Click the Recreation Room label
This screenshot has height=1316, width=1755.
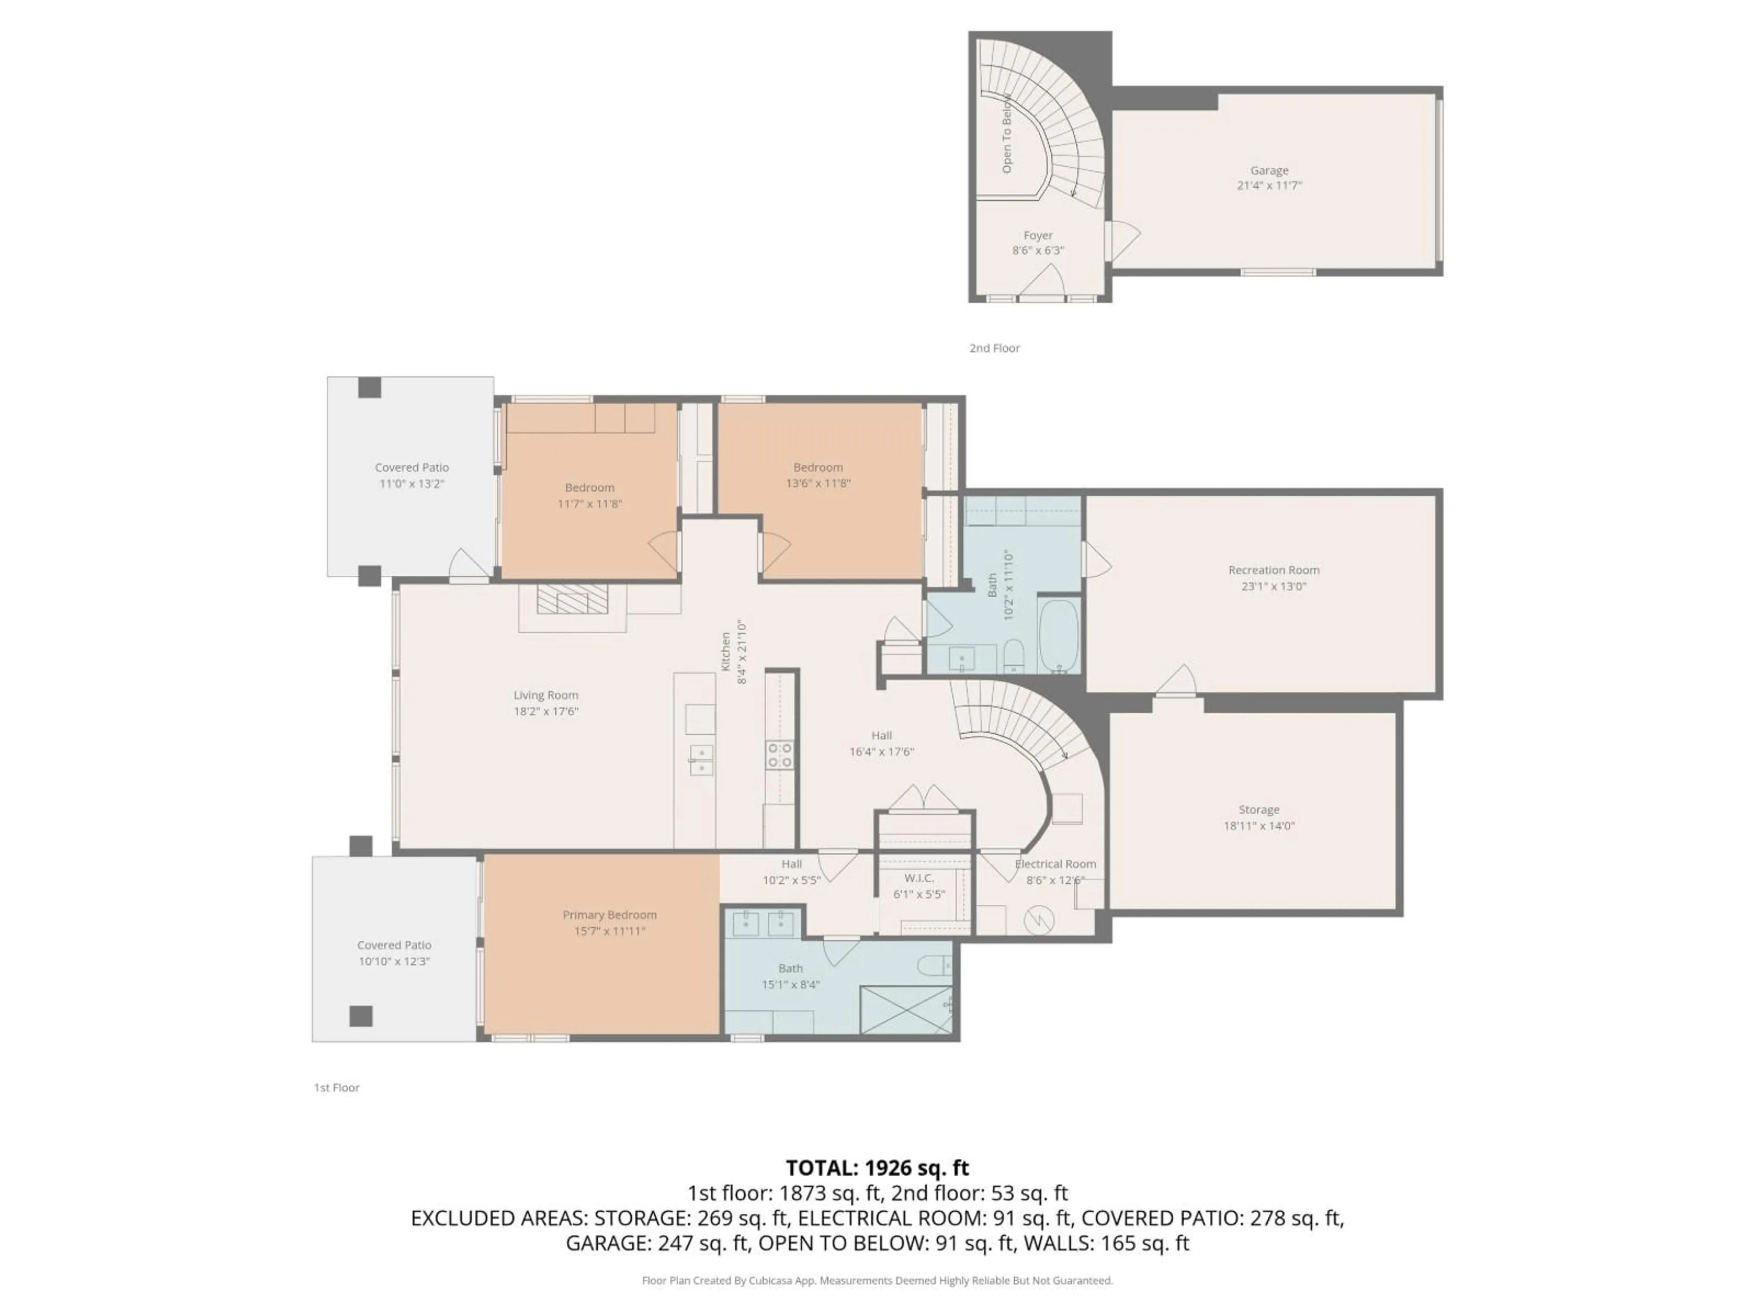point(1273,570)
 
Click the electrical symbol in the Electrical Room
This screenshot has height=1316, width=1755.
point(1036,920)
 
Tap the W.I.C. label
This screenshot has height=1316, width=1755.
point(919,878)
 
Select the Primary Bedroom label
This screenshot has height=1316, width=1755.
point(609,915)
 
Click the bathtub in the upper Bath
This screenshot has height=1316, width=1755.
point(1058,636)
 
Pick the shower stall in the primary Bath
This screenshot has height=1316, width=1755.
point(905,1010)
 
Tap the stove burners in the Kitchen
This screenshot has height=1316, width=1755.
point(779,754)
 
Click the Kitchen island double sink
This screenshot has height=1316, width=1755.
point(701,760)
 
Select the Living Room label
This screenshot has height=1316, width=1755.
point(546,695)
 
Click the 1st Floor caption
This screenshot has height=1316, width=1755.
point(336,1088)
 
